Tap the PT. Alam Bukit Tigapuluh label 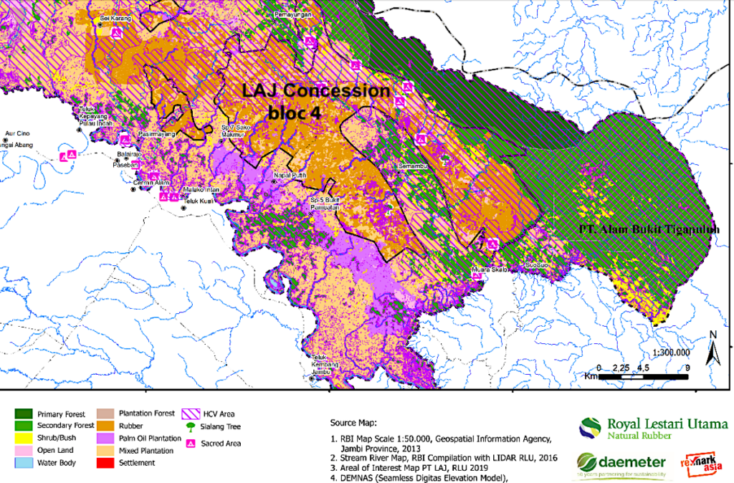click(x=649, y=229)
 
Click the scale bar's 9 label click(x=687, y=366)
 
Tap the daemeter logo click(x=620, y=464)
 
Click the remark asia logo click(x=705, y=464)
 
